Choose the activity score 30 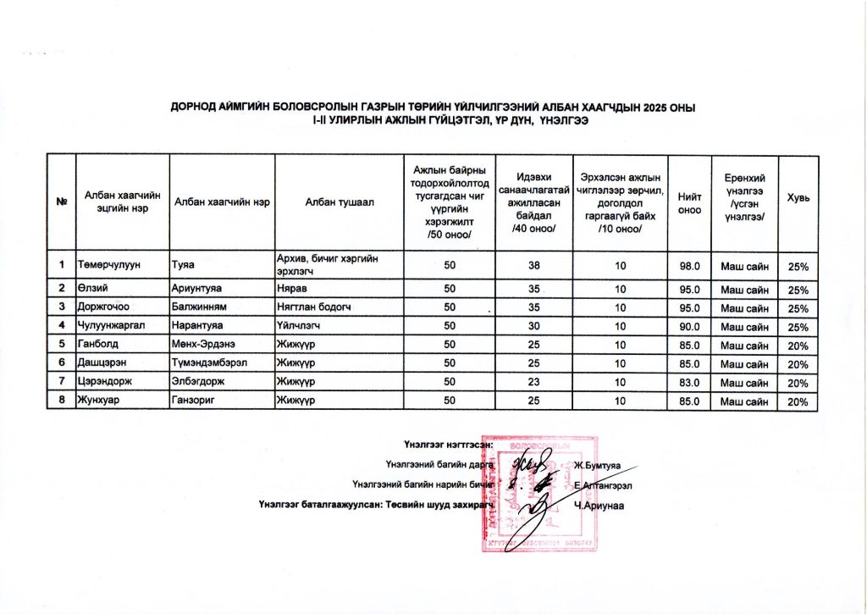click(534, 326)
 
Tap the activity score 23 click(534, 383)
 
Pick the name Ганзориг click(196, 401)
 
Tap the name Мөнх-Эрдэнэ click(205, 345)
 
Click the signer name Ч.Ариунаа click(599, 506)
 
